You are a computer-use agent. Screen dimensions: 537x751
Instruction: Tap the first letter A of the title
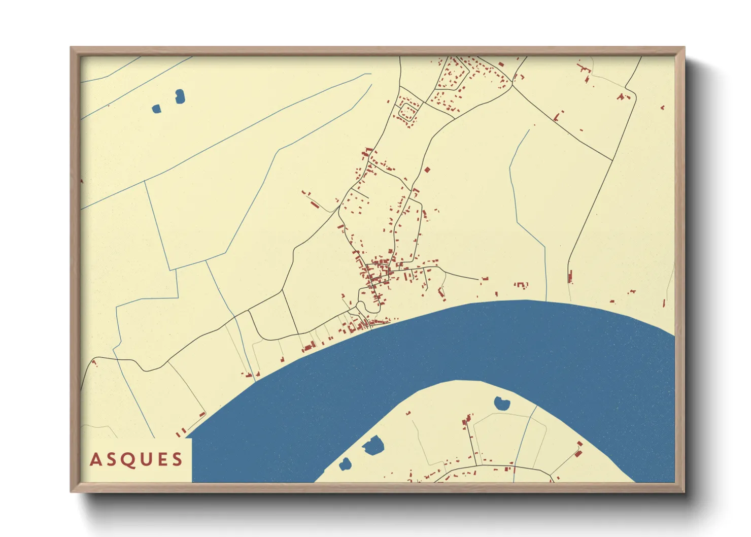[95, 460]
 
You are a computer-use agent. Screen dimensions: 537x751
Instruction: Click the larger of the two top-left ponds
[180, 96]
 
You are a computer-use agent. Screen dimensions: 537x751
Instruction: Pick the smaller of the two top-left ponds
[156, 108]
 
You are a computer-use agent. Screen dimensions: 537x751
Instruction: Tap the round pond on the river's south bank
[501, 404]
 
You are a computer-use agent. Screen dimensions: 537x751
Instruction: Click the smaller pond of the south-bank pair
[345, 463]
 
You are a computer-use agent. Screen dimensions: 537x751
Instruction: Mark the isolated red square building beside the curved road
[427, 170]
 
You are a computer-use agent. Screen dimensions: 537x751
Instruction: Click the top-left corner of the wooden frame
[72, 49]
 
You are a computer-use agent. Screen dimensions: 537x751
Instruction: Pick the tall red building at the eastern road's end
[570, 277]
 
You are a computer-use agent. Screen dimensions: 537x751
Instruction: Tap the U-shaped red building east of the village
[521, 285]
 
